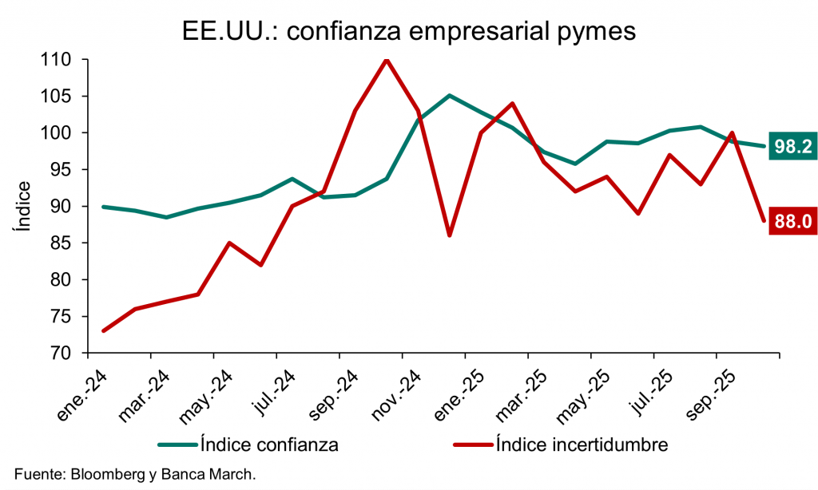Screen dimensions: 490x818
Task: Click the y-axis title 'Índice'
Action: [23, 207]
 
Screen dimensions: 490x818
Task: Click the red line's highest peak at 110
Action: [387, 60]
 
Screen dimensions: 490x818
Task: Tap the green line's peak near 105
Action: [450, 96]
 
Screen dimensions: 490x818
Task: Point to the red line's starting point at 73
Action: [103, 330]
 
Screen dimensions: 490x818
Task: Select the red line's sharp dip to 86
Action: [450, 235]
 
